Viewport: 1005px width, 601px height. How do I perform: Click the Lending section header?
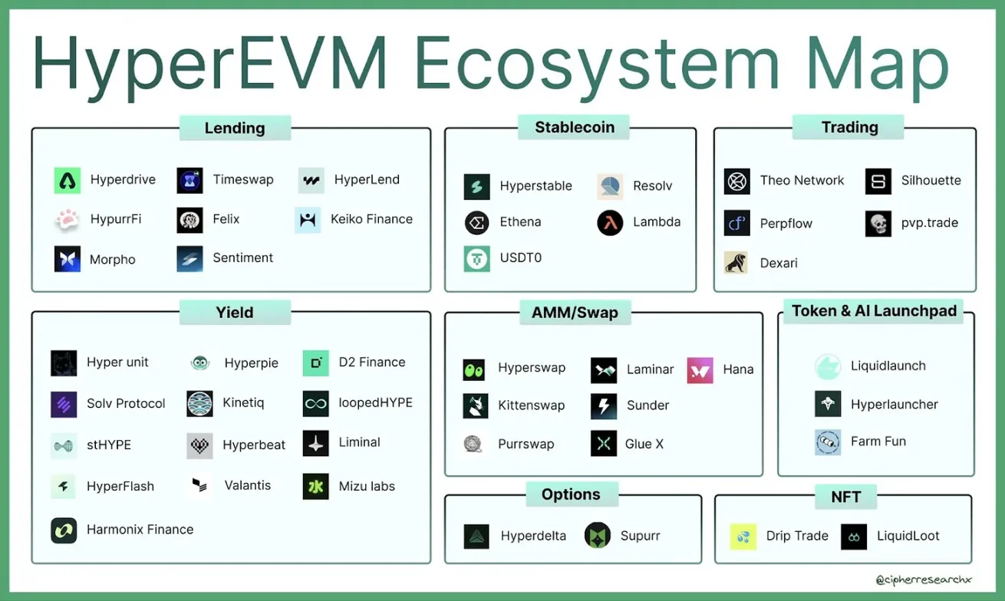click(235, 128)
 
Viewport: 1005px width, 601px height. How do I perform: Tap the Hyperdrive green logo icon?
click(68, 180)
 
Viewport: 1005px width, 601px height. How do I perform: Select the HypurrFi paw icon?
click(68, 220)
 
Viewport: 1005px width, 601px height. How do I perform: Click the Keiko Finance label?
click(371, 219)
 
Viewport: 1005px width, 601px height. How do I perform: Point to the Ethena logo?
click(476, 222)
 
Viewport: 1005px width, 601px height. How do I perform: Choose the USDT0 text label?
click(520, 258)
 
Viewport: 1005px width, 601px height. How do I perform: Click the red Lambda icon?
click(610, 222)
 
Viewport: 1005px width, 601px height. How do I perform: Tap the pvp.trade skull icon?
click(878, 224)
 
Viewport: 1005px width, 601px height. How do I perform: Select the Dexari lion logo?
click(736, 263)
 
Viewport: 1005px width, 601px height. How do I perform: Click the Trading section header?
click(849, 127)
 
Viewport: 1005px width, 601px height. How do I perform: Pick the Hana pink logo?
click(700, 370)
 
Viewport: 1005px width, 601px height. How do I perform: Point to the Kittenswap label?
click(531, 406)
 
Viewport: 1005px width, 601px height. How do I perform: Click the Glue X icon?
click(604, 444)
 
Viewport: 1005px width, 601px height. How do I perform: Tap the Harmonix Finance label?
click(140, 530)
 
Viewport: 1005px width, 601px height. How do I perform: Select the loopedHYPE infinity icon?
click(315, 403)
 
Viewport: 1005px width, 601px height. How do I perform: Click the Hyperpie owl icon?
click(200, 363)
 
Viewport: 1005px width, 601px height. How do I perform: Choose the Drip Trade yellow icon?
click(743, 537)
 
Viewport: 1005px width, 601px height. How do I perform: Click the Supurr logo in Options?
click(597, 536)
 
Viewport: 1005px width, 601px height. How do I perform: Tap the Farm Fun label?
click(878, 442)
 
